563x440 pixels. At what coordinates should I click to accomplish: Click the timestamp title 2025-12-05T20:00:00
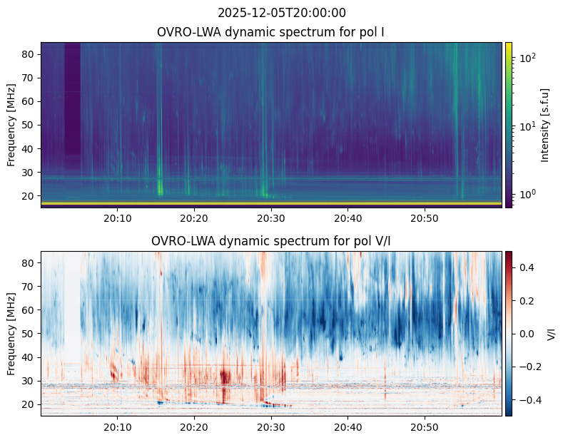click(x=281, y=13)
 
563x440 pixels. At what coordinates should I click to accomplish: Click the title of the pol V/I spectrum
click(x=271, y=241)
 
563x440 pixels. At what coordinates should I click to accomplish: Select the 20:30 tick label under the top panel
click(x=270, y=218)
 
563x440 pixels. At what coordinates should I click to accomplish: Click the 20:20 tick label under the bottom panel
click(x=194, y=426)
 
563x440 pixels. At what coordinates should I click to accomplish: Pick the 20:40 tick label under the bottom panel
click(x=348, y=426)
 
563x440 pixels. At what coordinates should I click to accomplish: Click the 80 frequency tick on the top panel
click(x=30, y=54)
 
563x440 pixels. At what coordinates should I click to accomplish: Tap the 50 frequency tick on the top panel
click(x=30, y=125)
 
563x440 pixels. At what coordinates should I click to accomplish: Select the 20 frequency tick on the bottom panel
click(x=30, y=404)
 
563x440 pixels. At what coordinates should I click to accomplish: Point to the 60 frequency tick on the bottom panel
click(x=30, y=310)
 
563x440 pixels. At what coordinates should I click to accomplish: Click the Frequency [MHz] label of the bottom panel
click(x=12, y=333)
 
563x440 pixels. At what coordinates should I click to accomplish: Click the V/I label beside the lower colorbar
click(x=550, y=333)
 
